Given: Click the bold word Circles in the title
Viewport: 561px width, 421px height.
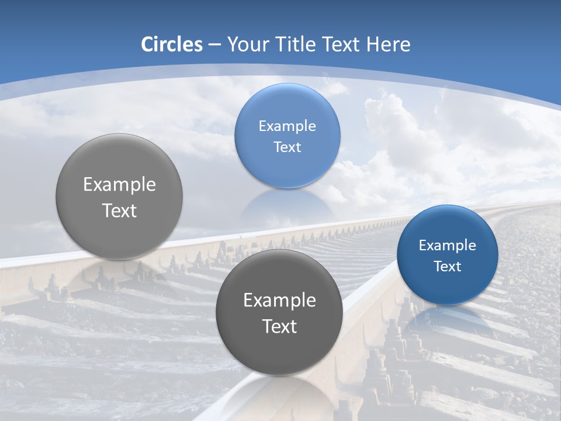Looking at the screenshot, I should tap(171, 44).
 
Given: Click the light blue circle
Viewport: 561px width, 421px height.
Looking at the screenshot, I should tap(287, 136).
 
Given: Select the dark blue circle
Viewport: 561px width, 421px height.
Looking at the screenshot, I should tap(447, 255).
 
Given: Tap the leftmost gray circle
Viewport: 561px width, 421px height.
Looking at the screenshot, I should tap(119, 196).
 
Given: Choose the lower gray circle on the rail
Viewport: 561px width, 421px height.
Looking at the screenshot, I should tap(279, 312).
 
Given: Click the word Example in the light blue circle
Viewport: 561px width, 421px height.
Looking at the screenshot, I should tap(287, 126).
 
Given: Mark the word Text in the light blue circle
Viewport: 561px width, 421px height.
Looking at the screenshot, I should tap(287, 147).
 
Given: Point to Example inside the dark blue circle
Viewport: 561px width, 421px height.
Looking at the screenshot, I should tap(447, 245).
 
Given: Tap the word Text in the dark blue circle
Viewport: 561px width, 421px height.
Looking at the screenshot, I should tap(447, 266).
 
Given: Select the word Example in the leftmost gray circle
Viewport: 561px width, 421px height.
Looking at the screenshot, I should tap(119, 184).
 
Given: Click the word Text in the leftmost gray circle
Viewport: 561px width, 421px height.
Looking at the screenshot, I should tap(119, 210).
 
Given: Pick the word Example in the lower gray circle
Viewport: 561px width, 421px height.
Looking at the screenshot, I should tap(279, 300).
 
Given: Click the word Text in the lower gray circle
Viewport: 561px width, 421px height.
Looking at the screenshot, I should tap(279, 326).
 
